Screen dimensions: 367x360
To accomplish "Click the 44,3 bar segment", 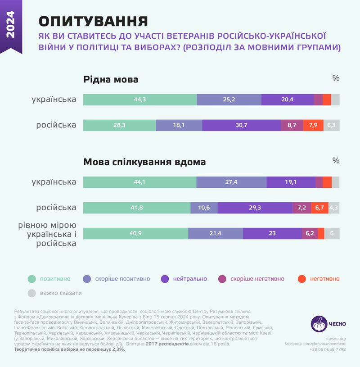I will coord(140,100).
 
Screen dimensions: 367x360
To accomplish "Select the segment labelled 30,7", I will coord(241,125).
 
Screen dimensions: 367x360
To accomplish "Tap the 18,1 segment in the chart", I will coord(179,125).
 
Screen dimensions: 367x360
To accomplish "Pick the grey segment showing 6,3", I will coord(331,125).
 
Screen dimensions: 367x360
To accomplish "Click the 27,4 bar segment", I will coord(231,182).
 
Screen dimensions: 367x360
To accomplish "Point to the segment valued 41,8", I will coord(137,208).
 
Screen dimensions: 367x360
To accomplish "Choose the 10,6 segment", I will coord(204,208).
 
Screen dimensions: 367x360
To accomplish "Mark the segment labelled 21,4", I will coord(216,233).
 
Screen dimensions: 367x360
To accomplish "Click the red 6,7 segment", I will coord(319,208).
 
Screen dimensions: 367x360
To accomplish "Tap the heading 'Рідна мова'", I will coord(111,80).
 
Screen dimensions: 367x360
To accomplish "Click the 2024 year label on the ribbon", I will coord(11,24).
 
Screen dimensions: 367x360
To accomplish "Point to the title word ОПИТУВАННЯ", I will coord(93,21).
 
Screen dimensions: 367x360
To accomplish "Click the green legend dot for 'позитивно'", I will coord(31,279).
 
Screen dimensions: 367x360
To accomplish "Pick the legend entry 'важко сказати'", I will coord(61,293).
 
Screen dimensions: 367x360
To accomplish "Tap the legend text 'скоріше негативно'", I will coord(257,279).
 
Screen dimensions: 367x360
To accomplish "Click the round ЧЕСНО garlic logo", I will coord(319,324).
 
